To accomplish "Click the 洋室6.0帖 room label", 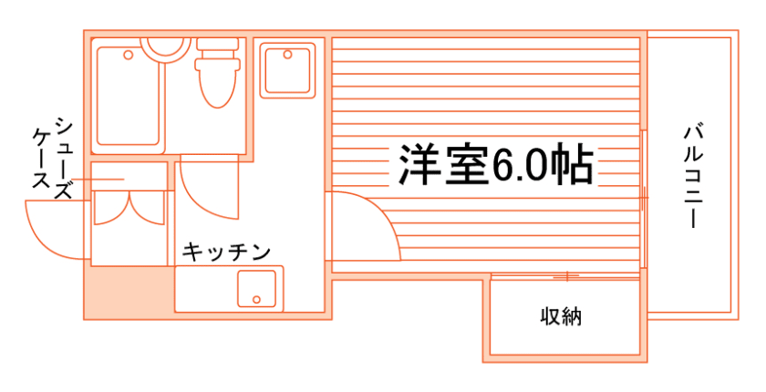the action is tap(495, 165).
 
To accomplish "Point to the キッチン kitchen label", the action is tap(225, 252).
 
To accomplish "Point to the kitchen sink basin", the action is tap(257, 288).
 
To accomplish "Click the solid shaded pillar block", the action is tap(129, 292).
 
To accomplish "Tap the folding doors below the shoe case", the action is tap(129, 208).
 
